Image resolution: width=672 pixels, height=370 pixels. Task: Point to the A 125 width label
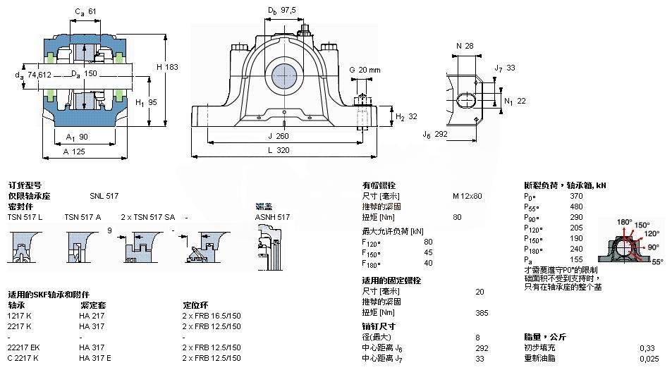click(x=75, y=152)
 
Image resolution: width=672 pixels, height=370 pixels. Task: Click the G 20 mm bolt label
click(x=365, y=70)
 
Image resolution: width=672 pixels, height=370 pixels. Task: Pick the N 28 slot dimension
click(x=464, y=46)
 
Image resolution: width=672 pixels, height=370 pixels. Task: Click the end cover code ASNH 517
click(x=272, y=217)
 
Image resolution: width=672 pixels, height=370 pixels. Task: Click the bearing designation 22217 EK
click(x=24, y=347)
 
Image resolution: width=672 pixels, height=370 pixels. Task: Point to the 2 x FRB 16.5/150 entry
click(x=212, y=316)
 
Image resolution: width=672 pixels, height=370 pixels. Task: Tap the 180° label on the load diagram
click(x=624, y=222)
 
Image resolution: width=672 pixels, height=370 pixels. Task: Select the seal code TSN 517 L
click(x=25, y=217)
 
